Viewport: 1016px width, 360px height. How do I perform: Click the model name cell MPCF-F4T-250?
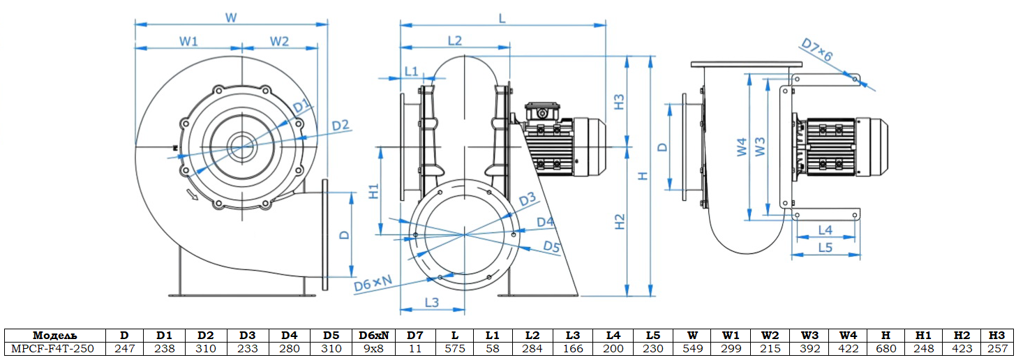point(53,348)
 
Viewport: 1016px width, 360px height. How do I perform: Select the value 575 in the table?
point(454,348)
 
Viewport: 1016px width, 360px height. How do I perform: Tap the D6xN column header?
point(373,336)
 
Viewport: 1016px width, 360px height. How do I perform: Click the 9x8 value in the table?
point(373,348)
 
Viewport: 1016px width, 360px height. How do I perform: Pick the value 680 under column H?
point(886,348)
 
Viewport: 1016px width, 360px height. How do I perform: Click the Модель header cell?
point(53,336)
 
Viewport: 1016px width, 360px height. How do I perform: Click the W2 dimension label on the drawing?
point(279,41)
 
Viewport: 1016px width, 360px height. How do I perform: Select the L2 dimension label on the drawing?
point(454,40)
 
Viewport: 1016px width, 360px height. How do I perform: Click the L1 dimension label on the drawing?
point(411,71)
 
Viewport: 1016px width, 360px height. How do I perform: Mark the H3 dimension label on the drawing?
point(620,101)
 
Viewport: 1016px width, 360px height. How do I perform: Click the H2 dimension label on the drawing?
point(620,222)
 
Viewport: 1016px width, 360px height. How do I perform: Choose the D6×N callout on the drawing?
point(373,283)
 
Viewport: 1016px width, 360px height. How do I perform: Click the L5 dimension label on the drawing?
point(825,247)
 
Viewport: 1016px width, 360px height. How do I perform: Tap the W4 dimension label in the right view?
point(742,147)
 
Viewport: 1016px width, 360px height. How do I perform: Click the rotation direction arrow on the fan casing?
point(193,195)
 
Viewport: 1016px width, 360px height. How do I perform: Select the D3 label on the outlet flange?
point(528,200)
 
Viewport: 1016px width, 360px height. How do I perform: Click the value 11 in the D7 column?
point(415,348)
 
